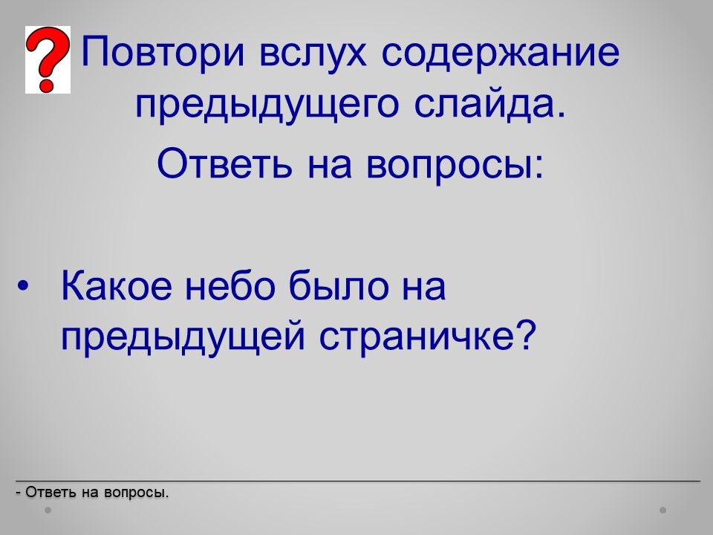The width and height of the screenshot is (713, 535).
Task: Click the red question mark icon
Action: (x=48, y=59)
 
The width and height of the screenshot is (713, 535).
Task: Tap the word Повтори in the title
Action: (x=163, y=52)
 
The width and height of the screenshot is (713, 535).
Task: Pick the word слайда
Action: (x=489, y=105)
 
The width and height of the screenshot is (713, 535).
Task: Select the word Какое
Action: (x=117, y=286)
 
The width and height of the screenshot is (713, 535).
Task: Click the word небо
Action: (x=230, y=285)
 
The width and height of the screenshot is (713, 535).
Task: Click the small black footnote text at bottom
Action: (x=92, y=492)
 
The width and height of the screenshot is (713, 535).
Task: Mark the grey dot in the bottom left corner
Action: (x=48, y=510)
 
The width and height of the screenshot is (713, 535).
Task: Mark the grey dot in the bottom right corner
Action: (x=663, y=510)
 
